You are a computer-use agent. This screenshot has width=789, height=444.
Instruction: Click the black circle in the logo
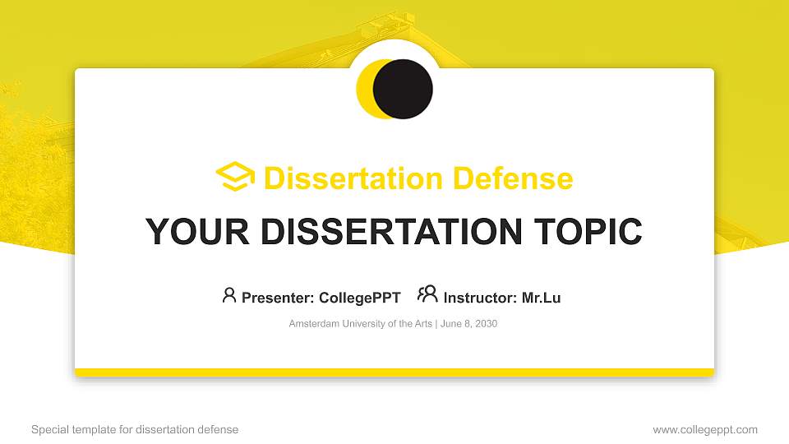click(x=403, y=89)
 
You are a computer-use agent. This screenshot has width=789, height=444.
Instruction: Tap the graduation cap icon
click(x=235, y=178)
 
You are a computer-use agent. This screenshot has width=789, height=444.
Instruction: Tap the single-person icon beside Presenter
click(x=229, y=295)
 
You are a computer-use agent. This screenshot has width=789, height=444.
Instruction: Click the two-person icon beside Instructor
click(x=427, y=294)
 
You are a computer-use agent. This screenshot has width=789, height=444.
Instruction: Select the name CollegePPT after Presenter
click(x=359, y=298)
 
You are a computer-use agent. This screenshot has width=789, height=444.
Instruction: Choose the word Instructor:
click(x=480, y=298)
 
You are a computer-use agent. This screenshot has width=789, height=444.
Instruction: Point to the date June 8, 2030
click(x=468, y=324)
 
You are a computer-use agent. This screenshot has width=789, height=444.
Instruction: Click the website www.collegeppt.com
click(x=705, y=429)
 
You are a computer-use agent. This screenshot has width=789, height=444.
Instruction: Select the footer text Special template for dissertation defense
click(x=135, y=429)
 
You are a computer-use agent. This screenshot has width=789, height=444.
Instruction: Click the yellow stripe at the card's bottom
click(x=394, y=372)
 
